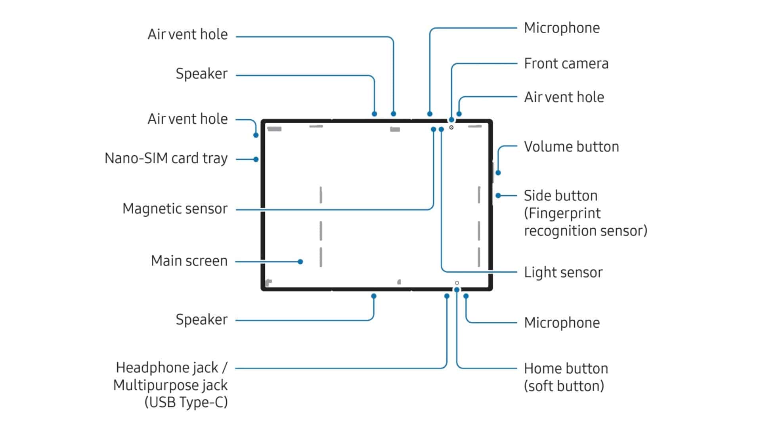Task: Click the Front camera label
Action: pyautogui.click(x=566, y=63)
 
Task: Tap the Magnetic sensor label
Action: pyautogui.click(x=175, y=208)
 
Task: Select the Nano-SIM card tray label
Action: pyautogui.click(x=166, y=158)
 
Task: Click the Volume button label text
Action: pyautogui.click(x=571, y=147)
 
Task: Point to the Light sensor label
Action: pyautogui.click(x=563, y=272)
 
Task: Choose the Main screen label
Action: pyautogui.click(x=189, y=261)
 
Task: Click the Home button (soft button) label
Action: pyautogui.click(x=566, y=377)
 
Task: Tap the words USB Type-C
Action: pyautogui.click(x=186, y=402)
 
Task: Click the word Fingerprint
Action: pyautogui.click(x=562, y=213)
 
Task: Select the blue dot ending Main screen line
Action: pyautogui.click(x=300, y=262)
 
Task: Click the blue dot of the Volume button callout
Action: pyautogui.click(x=498, y=173)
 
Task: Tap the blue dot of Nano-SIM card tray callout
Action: pyautogui.click(x=256, y=159)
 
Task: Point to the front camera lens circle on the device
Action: pyautogui.click(x=451, y=127)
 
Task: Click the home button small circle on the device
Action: pyautogui.click(x=457, y=283)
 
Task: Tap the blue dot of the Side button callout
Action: pyautogui.click(x=498, y=195)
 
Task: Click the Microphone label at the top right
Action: pyautogui.click(x=562, y=28)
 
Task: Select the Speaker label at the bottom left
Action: pyautogui.click(x=201, y=319)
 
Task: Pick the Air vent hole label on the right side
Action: pyautogui.click(x=564, y=97)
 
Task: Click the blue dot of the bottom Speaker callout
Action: pyautogui.click(x=374, y=296)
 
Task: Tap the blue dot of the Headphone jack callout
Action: pyautogui.click(x=447, y=296)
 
